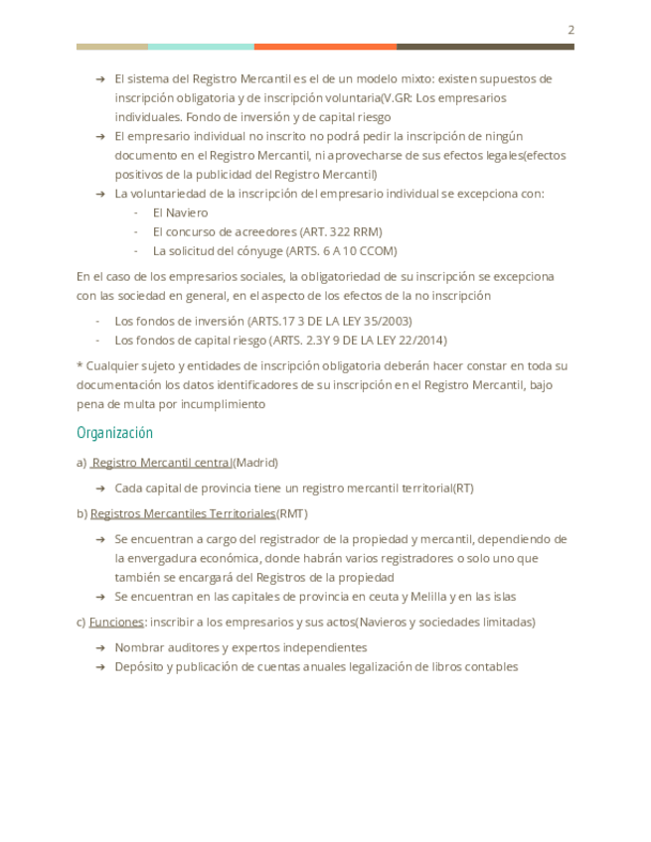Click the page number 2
pyautogui.click(x=570, y=30)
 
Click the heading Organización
pyautogui.click(x=114, y=433)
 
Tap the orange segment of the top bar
pyautogui.click(x=325, y=47)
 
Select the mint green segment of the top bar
pyautogui.click(x=201, y=47)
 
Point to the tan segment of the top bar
pyautogui.click(x=111, y=47)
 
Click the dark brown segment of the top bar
pyautogui.click(x=485, y=47)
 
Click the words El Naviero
pyautogui.click(x=180, y=212)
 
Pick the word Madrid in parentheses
pyautogui.click(x=255, y=463)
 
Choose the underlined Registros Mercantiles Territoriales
pyautogui.click(x=183, y=513)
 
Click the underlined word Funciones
pyautogui.click(x=116, y=622)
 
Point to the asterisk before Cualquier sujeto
pyautogui.click(x=80, y=365)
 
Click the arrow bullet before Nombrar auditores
pyautogui.click(x=100, y=648)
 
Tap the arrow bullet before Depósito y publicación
pyautogui.click(x=100, y=667)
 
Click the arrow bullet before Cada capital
pyautogui.click(x=100, y=489)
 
